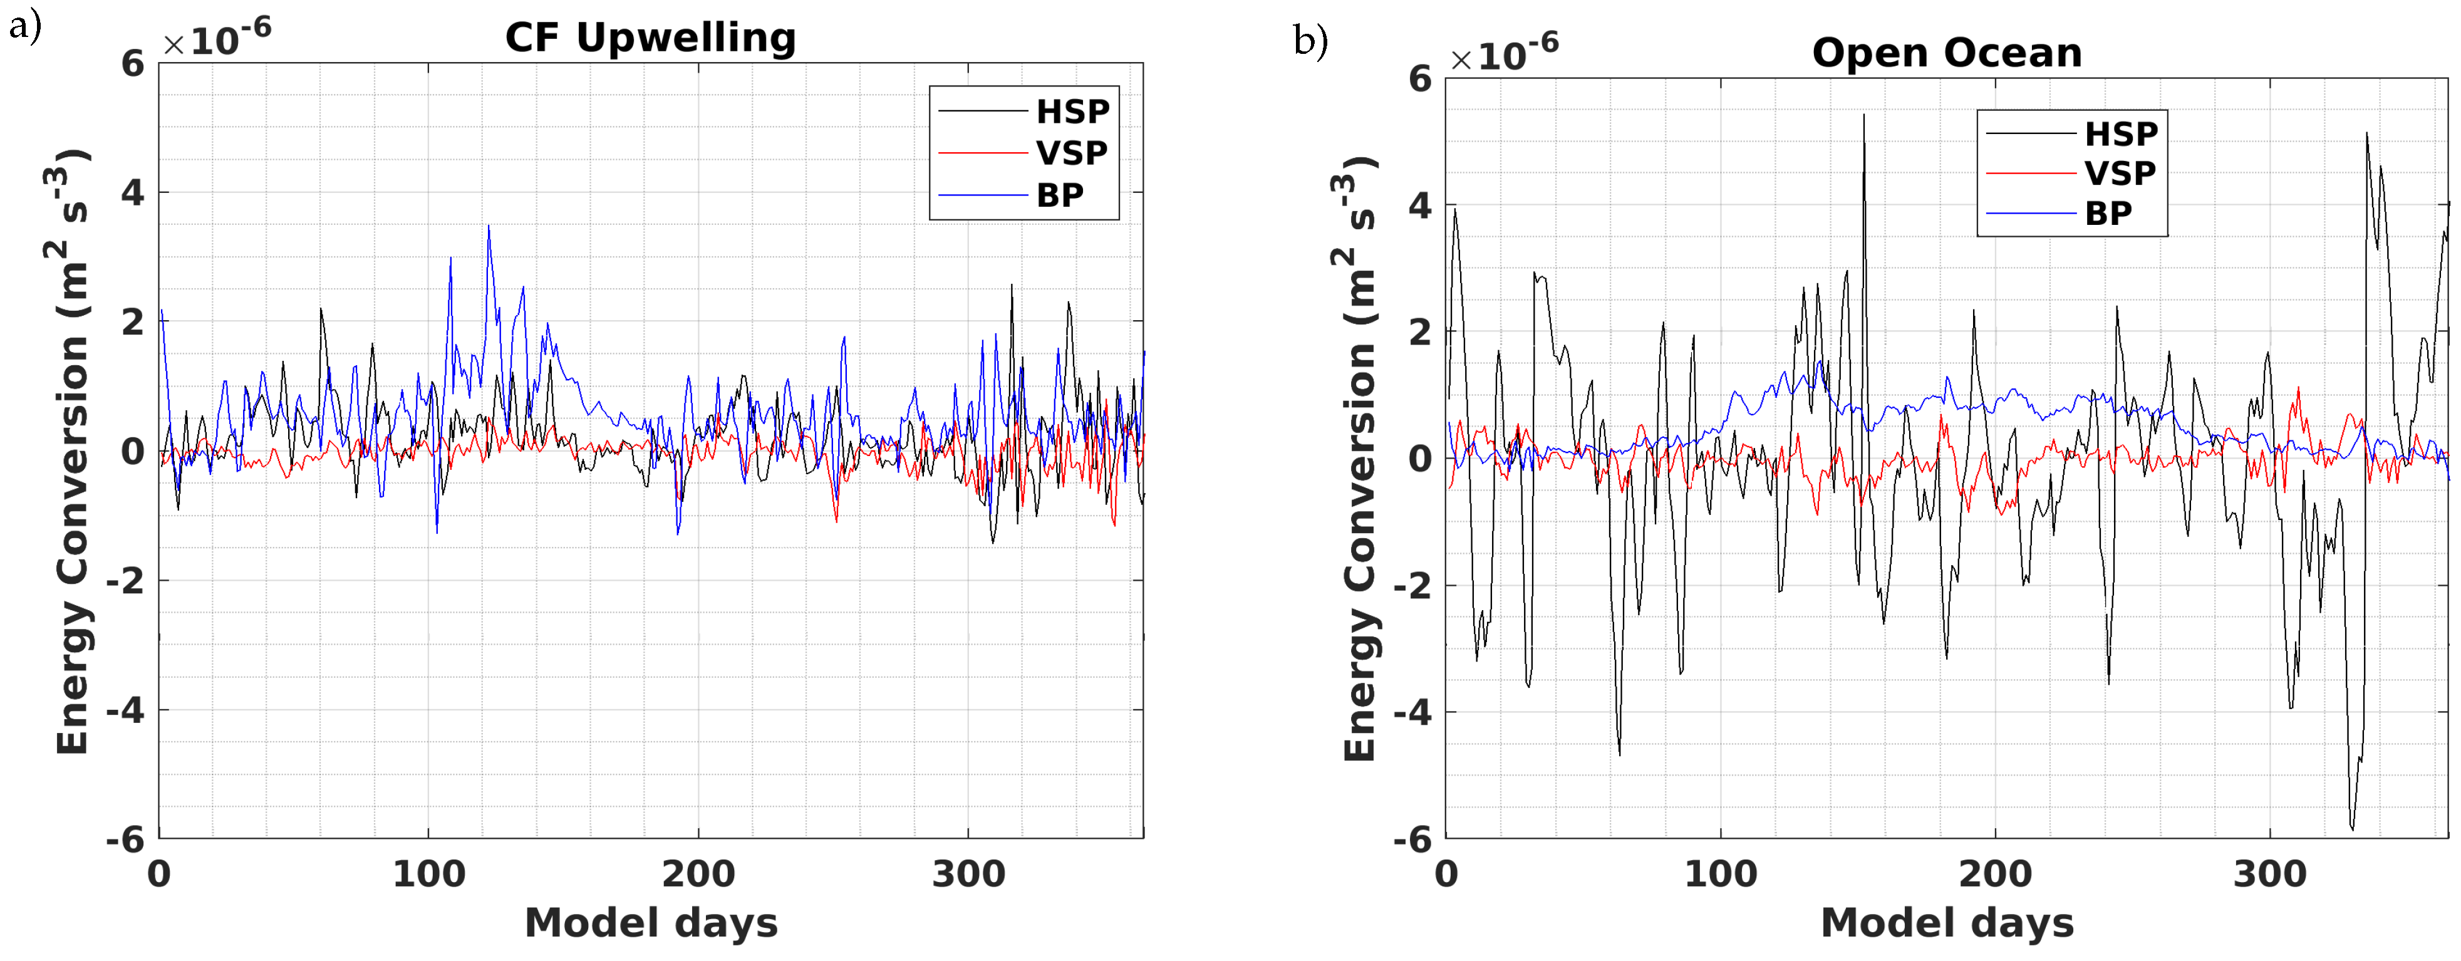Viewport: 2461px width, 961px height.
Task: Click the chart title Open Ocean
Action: (1946, 53)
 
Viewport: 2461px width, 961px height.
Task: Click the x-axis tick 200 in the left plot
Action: (698, 874)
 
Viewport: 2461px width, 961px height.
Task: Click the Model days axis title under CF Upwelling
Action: (651, 923)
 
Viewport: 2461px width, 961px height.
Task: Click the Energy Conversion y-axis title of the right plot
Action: (1359, 459)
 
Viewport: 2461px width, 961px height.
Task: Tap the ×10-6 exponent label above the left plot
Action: (217, 39)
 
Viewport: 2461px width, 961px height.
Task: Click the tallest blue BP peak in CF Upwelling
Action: (488, 227)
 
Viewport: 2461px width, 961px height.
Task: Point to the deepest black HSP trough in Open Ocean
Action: (2352, 828)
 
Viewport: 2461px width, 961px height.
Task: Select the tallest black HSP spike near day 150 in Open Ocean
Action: (1863, 116)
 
